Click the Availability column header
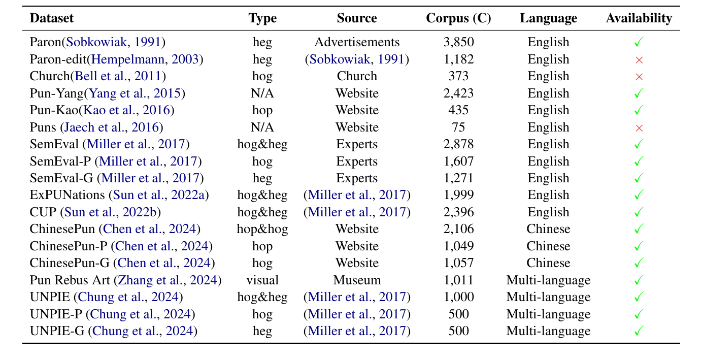point(639,19)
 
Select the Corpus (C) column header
point(458,19)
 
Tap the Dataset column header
point(52,19)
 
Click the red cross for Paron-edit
point(639,60)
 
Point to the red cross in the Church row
point(639,77)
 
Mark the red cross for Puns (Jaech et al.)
point(639,128)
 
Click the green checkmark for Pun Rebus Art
point(639,280)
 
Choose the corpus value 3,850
point(458,43)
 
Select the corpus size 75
point(458,127)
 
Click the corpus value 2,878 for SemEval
point(458,144)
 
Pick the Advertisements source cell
point(357,43)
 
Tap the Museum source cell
point(357,280)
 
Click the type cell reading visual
point(262,280)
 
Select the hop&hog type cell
point(262,229)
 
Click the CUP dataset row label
point(41,212)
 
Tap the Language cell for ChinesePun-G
point(548,263)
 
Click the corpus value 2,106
point(458,229)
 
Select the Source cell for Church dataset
point(357,77)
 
